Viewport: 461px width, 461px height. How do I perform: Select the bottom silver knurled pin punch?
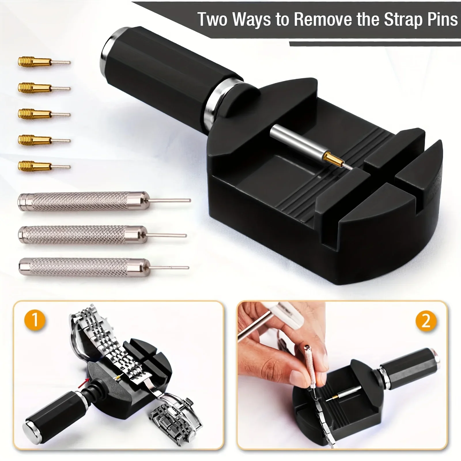(x=104, y=267)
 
